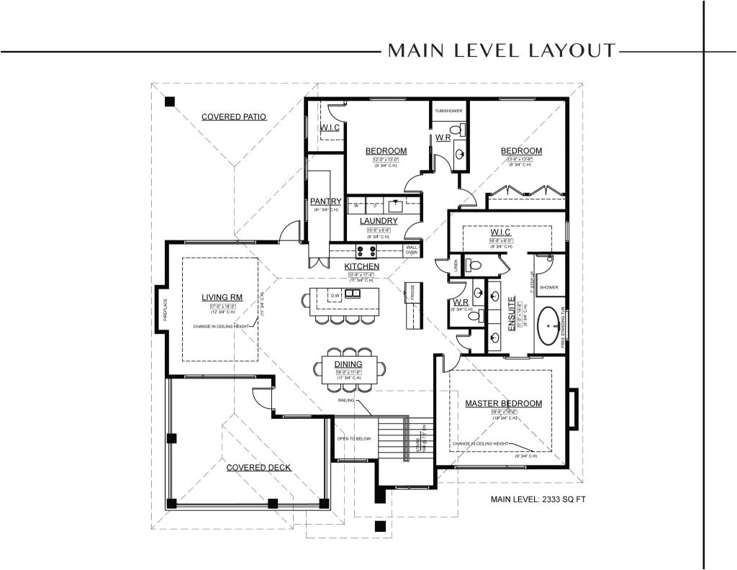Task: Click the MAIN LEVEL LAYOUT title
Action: click(x=502, y=50)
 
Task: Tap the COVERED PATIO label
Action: click(x=234, y=116)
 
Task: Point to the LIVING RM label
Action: click(x=225, y=297)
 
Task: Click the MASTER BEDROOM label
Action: click(x=503, y=404)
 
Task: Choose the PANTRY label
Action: click(x=325, y=202)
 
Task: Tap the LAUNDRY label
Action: click(x=379, y=221)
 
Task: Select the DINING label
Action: click(x=348, y=364)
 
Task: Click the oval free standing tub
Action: click(x=550, y=327)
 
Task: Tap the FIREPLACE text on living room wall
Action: click(x=165, y=309)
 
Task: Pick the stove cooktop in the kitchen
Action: click(x=366, y=251)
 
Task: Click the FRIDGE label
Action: click(x=414, y=291)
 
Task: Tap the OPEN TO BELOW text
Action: click(x=353, y=437)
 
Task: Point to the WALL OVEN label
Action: click(x=412, y=249)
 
